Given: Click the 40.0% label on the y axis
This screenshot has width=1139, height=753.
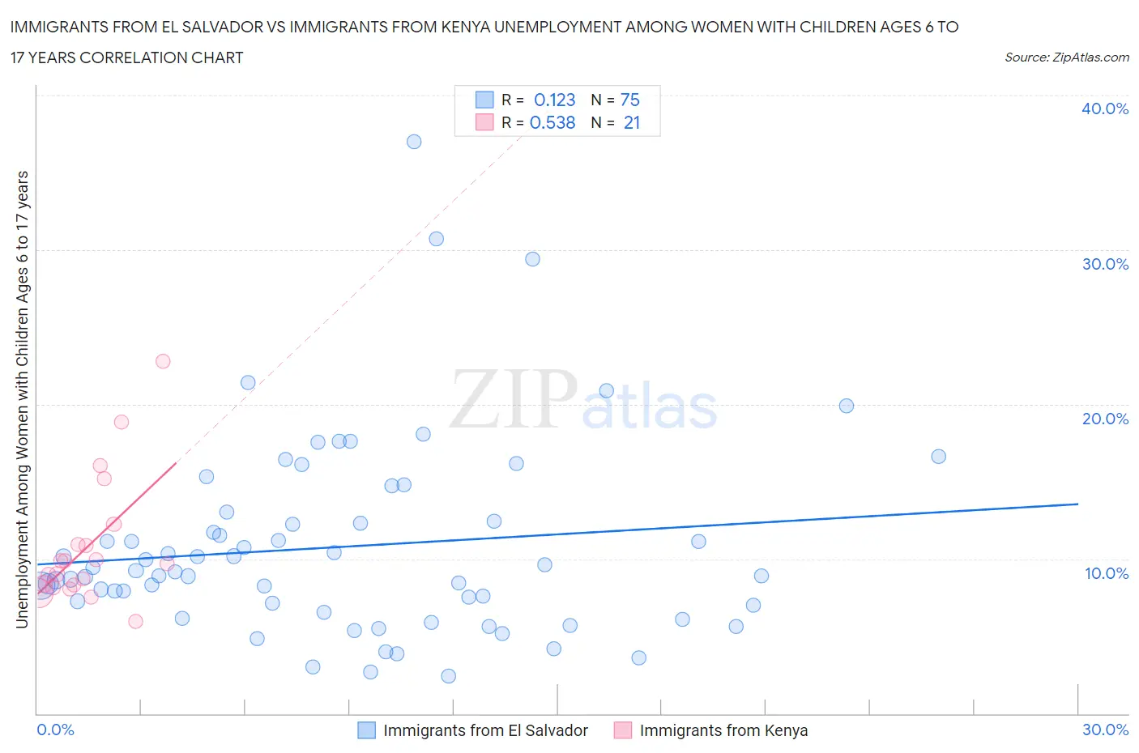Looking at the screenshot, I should click(1104, 108).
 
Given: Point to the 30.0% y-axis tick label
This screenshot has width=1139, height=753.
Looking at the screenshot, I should click(1104, 264).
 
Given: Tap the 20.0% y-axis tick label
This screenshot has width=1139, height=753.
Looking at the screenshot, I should click(1104, 419).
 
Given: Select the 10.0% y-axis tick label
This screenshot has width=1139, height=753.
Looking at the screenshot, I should click(1106, 573).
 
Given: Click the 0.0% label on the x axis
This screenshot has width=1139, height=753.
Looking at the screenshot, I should click(55, 730).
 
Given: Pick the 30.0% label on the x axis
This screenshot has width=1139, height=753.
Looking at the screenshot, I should click(1105, 730).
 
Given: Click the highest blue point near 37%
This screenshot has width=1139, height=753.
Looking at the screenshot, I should click(414, 142).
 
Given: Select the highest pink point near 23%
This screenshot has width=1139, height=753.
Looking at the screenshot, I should click(163, 361).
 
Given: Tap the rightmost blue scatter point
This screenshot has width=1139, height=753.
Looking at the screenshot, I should click(938, 456).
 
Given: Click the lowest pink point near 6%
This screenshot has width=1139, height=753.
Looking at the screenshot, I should click(136, 621).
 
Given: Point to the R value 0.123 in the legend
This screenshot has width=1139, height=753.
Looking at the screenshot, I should click(554, 100).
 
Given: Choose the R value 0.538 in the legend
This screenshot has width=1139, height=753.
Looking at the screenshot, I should click(552, 122).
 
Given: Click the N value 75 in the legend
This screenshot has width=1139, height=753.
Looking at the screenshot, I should click(629, 100).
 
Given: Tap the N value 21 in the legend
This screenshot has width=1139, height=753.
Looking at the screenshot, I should click(632, 122).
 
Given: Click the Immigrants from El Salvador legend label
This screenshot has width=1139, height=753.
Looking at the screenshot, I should click(485, 730).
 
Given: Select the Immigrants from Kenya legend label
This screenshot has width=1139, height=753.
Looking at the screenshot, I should click(723, 730).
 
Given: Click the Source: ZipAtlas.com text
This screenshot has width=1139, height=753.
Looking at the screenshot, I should click(1066, 57).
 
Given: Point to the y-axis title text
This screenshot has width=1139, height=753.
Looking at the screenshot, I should click(22, 399).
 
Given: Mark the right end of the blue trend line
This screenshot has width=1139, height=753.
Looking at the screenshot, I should click(1078, 504).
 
